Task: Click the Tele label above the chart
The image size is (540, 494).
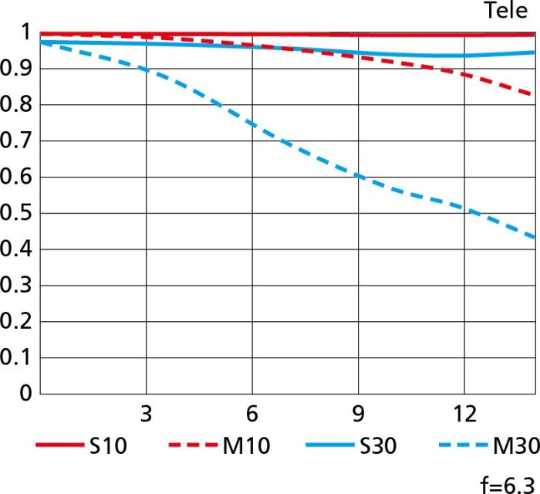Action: tap(505, 11)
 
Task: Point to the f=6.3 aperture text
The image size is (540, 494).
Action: tap(507, 484)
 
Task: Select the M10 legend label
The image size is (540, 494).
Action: tap(246, 445)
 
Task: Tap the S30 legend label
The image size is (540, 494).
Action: tap(380, 445)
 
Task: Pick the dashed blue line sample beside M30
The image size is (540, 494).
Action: tap(462, 445)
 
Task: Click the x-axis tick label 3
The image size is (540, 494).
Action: tap(146, 414)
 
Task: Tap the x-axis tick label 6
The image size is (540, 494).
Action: tap(251, 414)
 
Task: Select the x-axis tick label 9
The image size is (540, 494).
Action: tap(357, 414)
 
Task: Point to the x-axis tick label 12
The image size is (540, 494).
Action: tap(463, 414)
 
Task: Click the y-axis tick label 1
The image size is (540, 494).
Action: tap(25, 33)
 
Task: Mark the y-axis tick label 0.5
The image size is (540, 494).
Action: tap(17, 214)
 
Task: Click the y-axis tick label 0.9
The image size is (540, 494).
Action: tap(17, 69)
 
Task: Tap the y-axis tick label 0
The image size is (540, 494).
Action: tap(25, 394)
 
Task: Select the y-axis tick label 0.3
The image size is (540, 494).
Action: tap(17, 286)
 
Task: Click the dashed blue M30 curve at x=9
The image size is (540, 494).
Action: tap(357, 176)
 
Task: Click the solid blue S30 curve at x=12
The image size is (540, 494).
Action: tap(464, 55)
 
